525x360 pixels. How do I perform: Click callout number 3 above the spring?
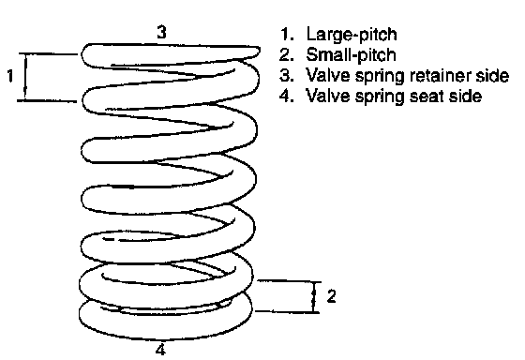point(161,33)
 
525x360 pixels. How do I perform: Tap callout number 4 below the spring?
point(160,350)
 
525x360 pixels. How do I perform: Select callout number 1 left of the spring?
point(10,76)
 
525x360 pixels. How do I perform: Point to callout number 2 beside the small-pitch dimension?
point(331,296)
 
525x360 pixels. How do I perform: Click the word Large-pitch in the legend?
point(352,35)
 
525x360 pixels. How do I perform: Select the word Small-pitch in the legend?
point(351,55)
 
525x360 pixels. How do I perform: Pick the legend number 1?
point(287,34)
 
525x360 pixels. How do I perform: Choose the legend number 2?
point(287,55)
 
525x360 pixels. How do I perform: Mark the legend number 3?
point(287,75)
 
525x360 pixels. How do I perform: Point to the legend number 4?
point(287,97)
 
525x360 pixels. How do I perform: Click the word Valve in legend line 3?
point(327,75)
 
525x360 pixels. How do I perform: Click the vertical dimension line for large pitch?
point(25,77)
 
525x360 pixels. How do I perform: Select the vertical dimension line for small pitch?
point(314,296)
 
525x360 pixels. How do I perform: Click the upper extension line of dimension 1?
point(48,53)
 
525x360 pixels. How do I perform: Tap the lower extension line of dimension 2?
point(288,312)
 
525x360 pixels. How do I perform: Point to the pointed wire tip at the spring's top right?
point(259,51)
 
